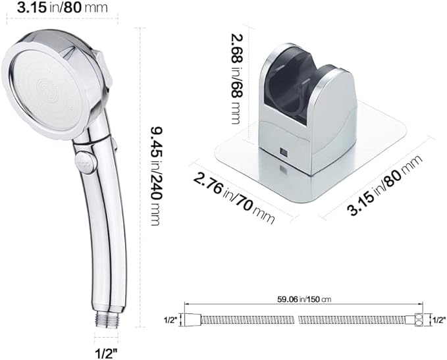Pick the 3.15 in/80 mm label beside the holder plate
click(x=385, y=183)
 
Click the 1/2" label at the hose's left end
click(x=171, y=321)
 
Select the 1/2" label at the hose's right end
click(x=437, y=320)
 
